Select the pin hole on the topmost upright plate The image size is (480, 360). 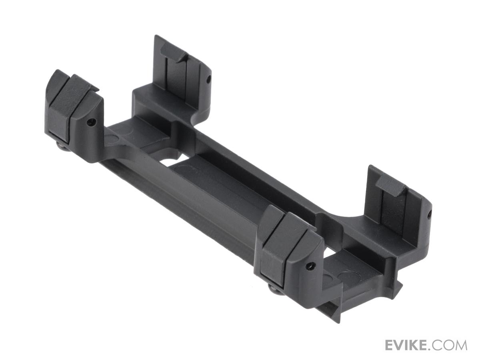[x=208, y=78]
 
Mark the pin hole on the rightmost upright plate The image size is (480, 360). [x=430, y=213]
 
